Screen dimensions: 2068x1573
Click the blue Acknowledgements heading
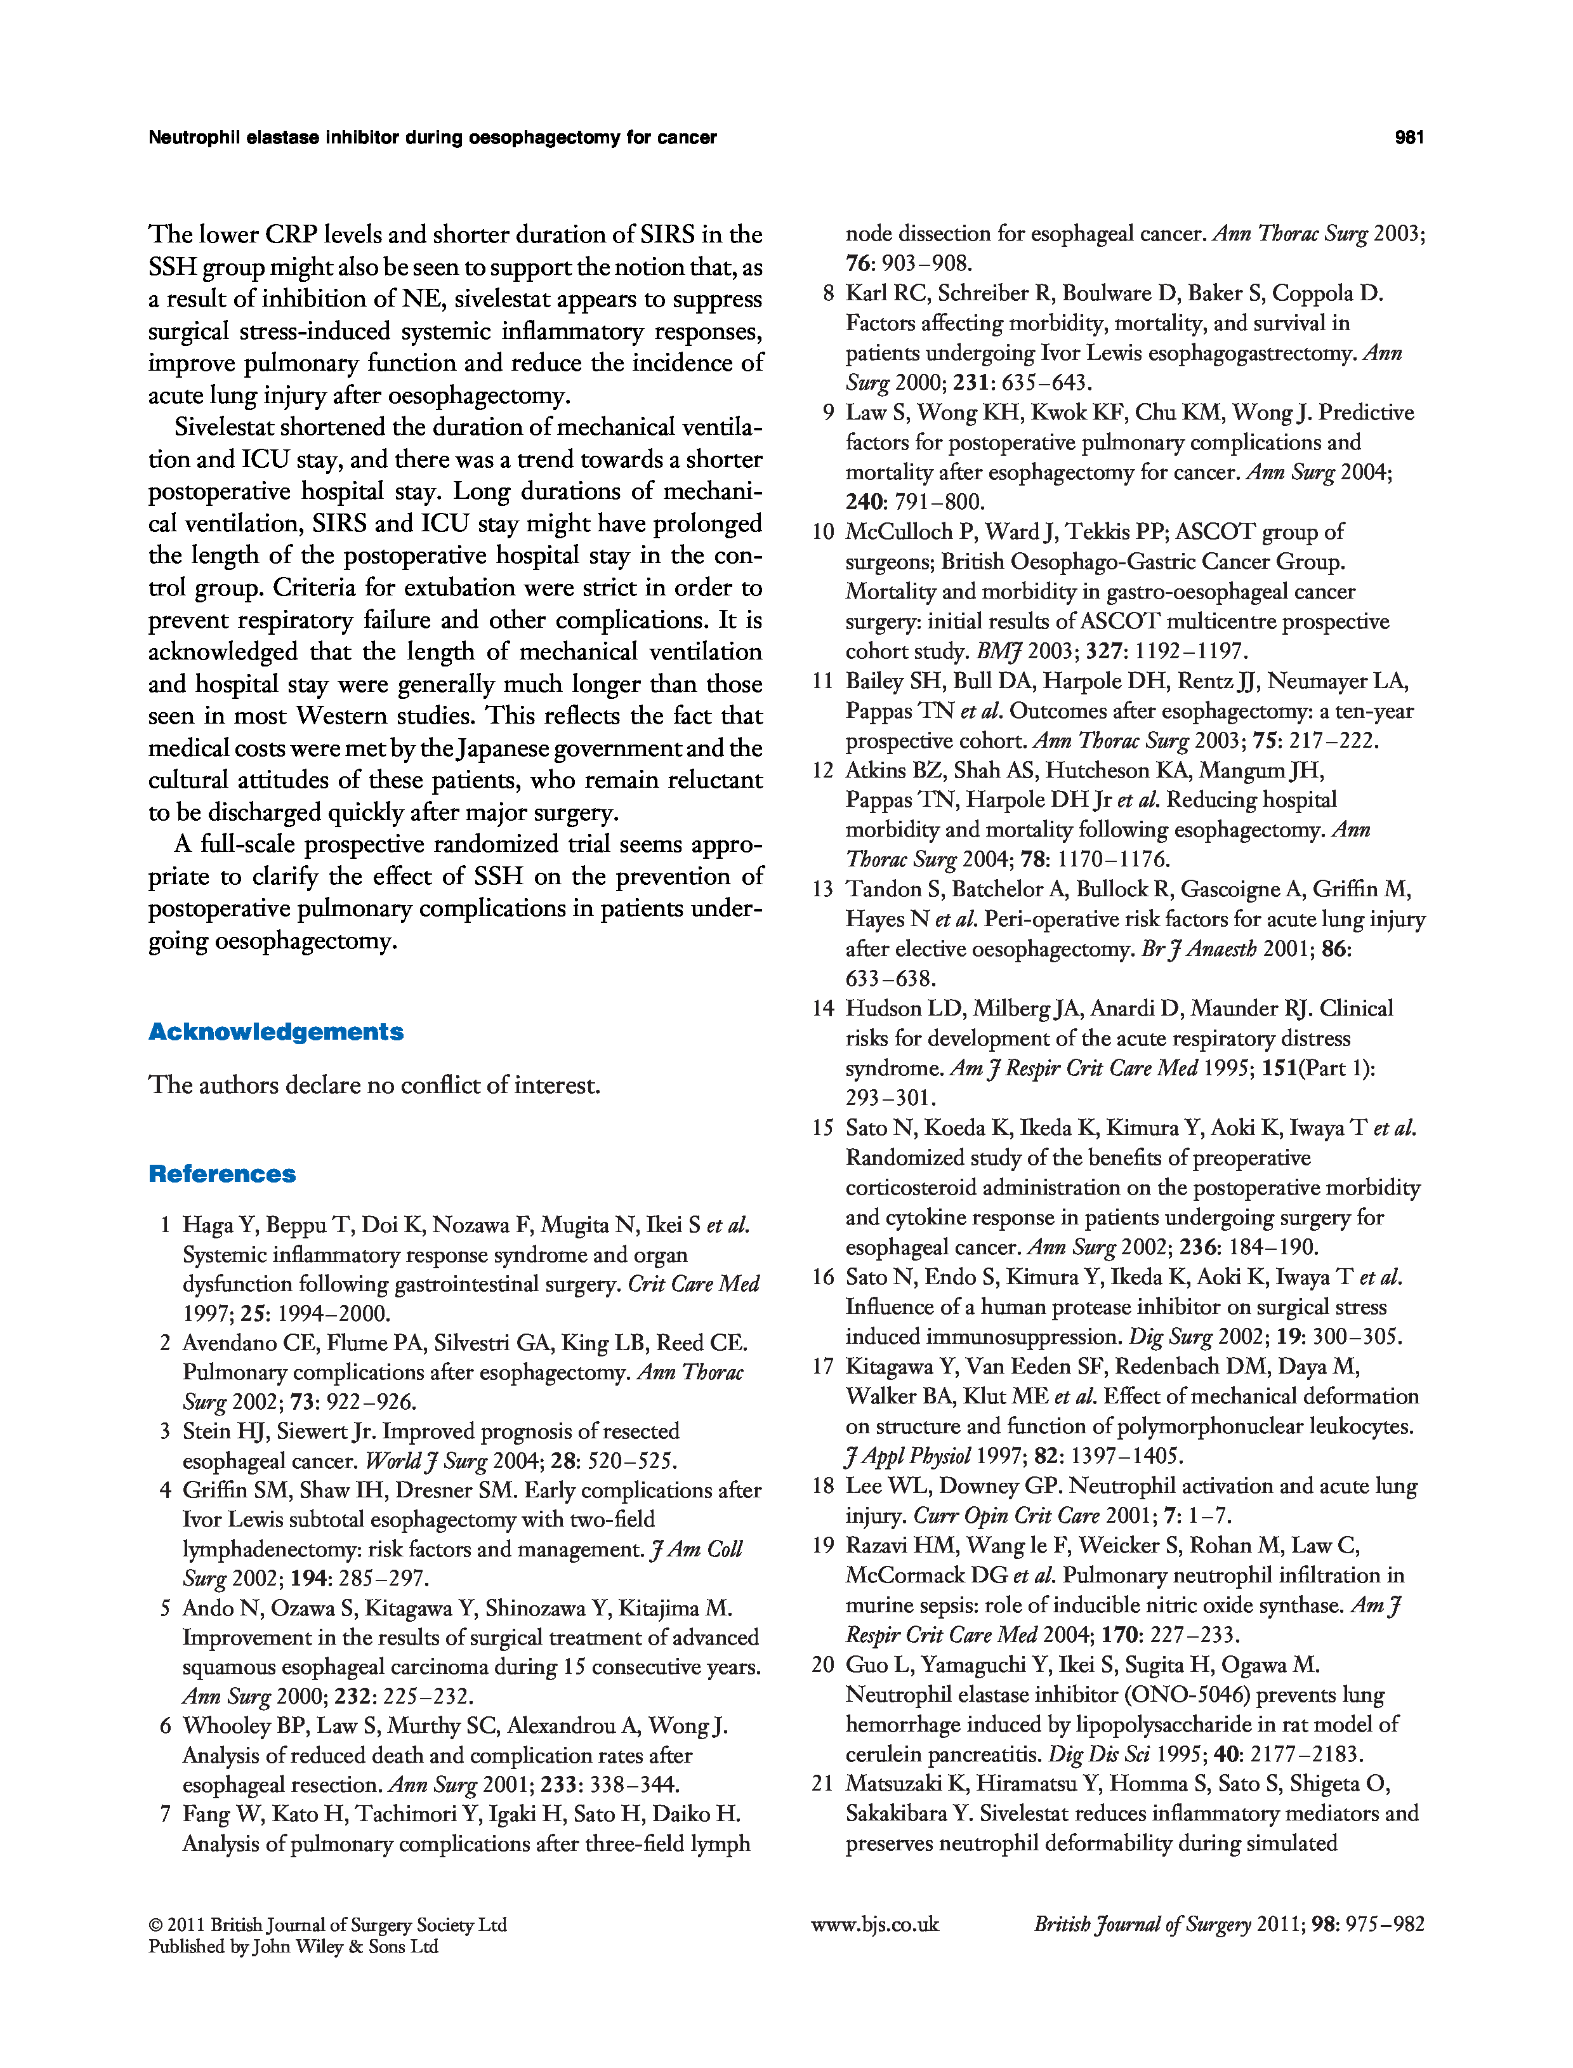pos(275,1032)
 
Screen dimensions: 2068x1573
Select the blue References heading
pos(222,1174)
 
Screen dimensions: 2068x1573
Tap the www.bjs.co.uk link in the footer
pos(874,1925)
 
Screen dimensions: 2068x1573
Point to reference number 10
pos(823,532)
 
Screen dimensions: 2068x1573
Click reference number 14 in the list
pos(823,1009)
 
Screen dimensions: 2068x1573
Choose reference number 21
pos(823,1784)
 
